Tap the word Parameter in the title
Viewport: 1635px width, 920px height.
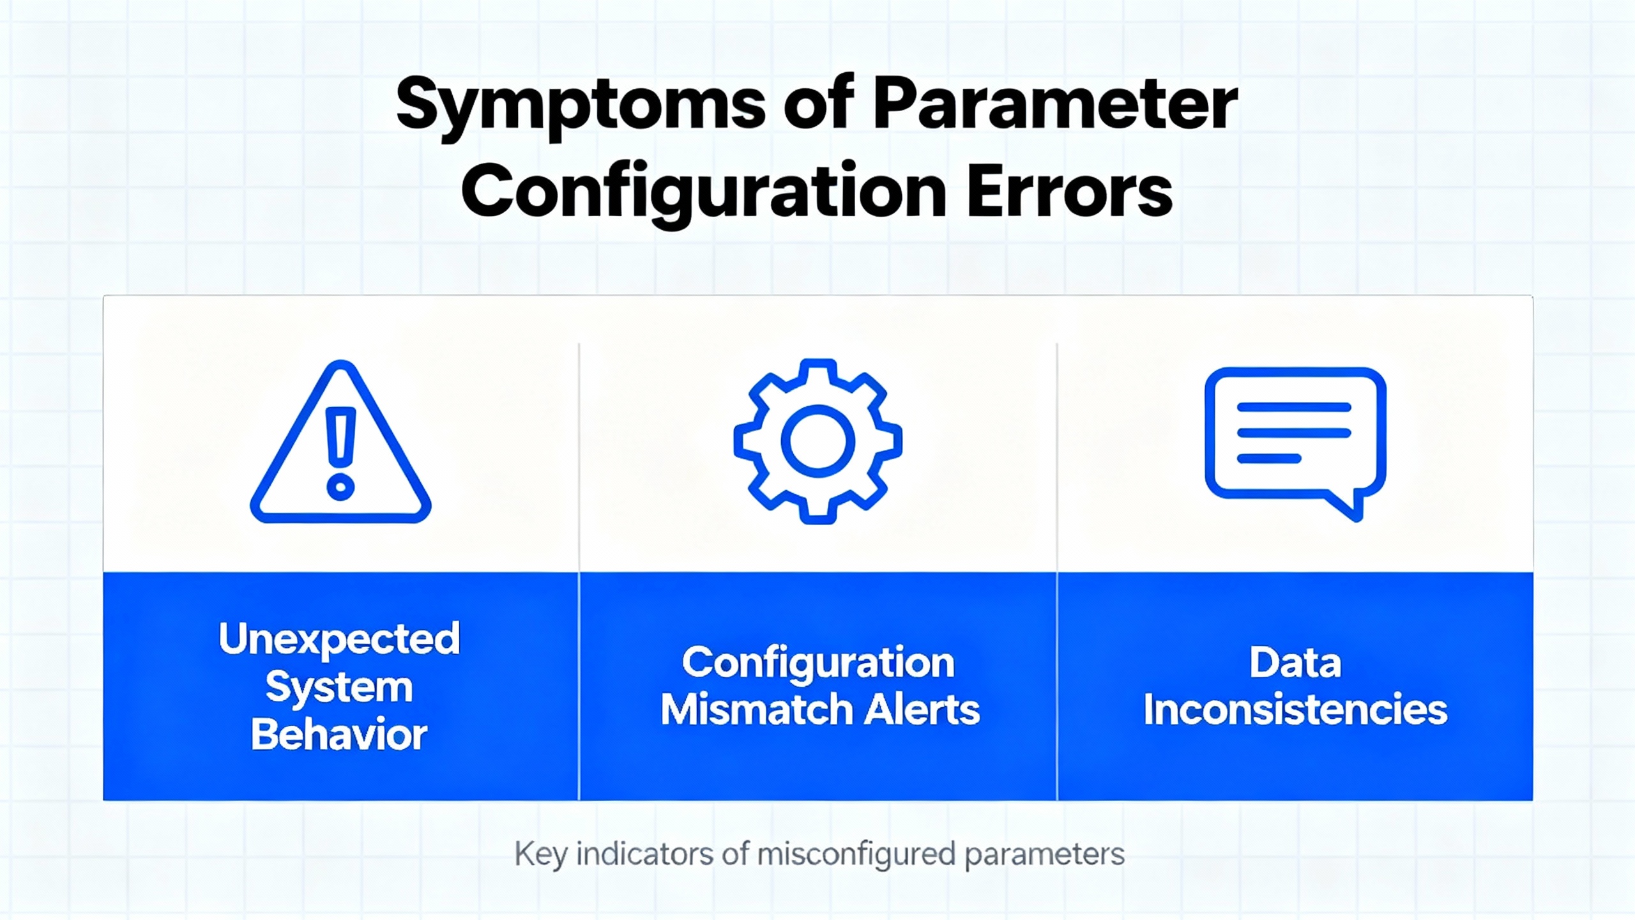pos(1055,103)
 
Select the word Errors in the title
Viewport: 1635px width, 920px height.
pos(1070,190)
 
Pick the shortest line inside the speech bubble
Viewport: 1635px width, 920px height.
pos(1269,458)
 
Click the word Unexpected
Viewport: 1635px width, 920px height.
pos(339,640)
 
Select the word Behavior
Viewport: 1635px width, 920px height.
pos(339,735)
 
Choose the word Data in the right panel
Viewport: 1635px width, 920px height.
pos(1295,663)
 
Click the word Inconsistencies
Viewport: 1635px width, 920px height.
pos(1295,710)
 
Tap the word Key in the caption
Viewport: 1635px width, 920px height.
pos(540,855)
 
